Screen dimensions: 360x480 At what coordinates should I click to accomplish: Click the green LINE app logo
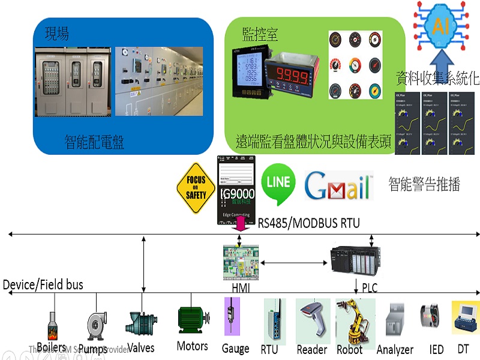278,182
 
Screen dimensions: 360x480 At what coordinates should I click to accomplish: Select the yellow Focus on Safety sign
196,187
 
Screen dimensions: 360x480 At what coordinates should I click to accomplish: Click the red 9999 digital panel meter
291,76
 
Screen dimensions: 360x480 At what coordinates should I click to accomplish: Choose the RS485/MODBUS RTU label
309,223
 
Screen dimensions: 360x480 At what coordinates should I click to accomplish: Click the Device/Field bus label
43,284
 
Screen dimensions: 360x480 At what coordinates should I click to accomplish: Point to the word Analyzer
395,349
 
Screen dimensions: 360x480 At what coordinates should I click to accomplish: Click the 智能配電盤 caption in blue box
94,142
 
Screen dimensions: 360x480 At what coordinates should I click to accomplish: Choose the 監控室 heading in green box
260,34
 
